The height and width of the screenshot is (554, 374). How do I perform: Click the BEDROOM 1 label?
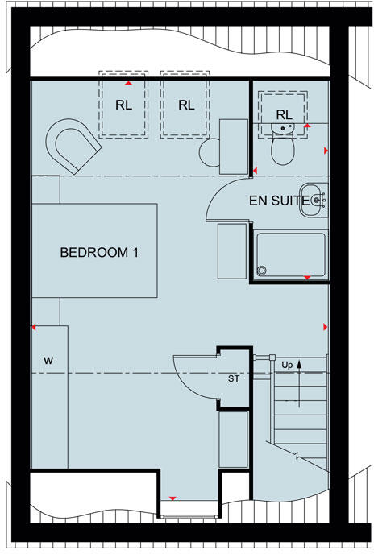click(99, 252)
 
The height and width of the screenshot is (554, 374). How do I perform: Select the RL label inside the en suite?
click(283, 115)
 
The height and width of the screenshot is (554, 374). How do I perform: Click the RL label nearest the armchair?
click(125, 105)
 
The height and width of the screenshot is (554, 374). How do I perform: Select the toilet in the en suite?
click(282, 147)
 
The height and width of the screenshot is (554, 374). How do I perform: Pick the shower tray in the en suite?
click(290, 255)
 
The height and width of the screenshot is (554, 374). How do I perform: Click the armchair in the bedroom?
click(73, 147)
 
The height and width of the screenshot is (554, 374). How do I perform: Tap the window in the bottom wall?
click(188, 507)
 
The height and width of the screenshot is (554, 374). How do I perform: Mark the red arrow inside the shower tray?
click(307, 278)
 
